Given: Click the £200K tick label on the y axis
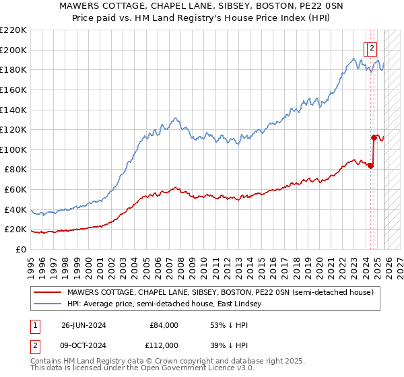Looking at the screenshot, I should (x=13, y=50).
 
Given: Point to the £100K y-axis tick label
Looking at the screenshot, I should (x=13, y=149).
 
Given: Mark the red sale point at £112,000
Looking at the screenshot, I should (x=374, y=137).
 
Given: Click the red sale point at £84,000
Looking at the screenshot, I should (x=370, y=166).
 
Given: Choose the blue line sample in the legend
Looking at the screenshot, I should (x=48, y=304).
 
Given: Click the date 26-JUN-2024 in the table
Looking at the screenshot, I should (x=85, y=325).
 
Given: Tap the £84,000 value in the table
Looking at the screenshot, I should (x=164, y=325).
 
